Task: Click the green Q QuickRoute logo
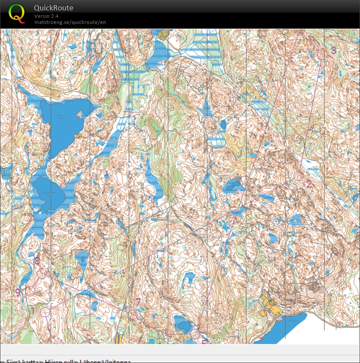tap(17, 13)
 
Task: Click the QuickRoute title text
tap(53, 8)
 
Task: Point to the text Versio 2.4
tap(47, 16)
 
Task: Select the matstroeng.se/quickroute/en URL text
tap(70, 22)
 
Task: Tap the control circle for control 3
tap(322, 54)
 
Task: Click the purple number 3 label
tap(333, 50)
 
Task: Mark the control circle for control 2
tap(298, 176)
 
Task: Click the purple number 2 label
tap(309, 184)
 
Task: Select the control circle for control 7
tap(133, 314)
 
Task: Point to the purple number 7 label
tap(138, 302)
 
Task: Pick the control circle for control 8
tap(42, 273)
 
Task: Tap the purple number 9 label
tap(18, 292)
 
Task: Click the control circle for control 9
tap(30, 291)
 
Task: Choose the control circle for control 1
tap(45, 312)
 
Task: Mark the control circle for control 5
tap(196, 334)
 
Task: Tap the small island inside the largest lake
tap(79, 115)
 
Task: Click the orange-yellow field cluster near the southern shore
tap(270, 305)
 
